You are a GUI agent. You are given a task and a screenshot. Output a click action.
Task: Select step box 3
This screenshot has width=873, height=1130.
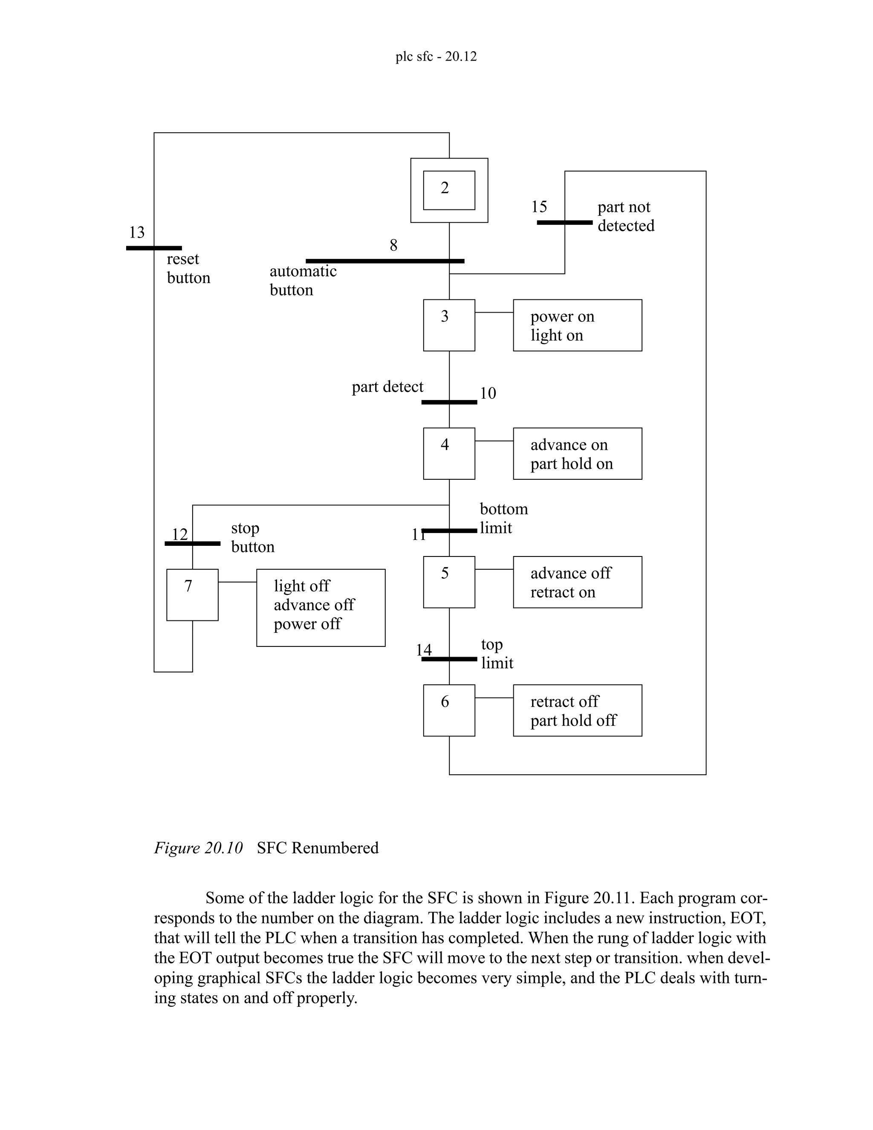tap(449, 325)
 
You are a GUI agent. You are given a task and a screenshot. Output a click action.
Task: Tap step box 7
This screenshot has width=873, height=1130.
tap(192, 594)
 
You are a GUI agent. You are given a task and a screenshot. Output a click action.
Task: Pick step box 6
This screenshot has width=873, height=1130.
tap(449, 710)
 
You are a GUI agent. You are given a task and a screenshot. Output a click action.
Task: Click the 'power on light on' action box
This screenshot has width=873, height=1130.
tap(577, 325)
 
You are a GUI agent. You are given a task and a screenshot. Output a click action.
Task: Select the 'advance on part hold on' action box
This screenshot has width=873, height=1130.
tap(577, 453)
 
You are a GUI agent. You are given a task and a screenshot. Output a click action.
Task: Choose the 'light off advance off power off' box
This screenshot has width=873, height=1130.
tap(321, 607)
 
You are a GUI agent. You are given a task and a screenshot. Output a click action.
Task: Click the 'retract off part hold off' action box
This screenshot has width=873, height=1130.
tap(577, 710)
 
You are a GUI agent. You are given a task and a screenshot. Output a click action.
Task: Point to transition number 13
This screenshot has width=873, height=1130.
tap(136, 232)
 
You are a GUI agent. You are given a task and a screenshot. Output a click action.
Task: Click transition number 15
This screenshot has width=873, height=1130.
tap(539, 207)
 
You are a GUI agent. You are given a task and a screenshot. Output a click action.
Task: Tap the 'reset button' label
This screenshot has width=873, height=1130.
tap(188, 268)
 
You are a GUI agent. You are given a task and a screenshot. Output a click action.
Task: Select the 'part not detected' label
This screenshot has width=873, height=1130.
tap(626, 216)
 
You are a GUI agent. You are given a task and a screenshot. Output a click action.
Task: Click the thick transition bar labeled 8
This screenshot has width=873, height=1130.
tap(385, 261)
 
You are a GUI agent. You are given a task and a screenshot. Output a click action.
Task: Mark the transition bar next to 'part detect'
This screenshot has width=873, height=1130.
tap(449, 402)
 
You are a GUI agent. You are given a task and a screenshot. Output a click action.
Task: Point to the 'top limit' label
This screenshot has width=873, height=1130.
tap(497, 653)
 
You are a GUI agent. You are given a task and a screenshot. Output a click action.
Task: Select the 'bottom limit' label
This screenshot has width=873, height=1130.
tap(503, 518)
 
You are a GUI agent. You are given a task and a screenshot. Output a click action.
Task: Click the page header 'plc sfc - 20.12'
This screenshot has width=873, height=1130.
tap(436, 56)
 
